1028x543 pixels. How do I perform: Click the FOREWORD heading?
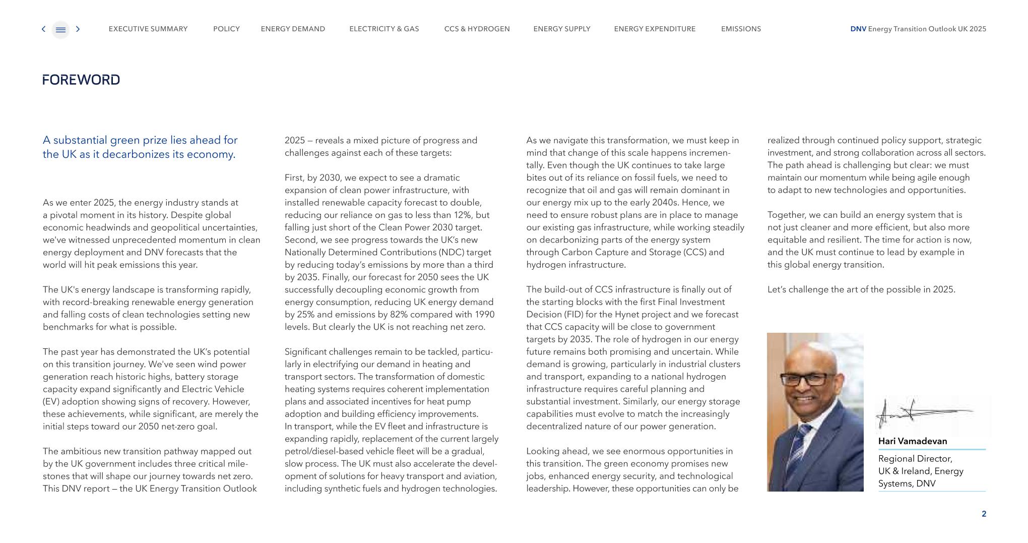(81, 80)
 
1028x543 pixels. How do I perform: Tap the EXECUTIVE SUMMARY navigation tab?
(148, 29)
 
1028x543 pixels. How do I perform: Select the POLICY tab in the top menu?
(226, 29)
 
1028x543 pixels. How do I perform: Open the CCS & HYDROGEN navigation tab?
(477, 29)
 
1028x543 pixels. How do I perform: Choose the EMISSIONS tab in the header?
(741, 29)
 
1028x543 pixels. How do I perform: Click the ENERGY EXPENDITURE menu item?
(655, 29)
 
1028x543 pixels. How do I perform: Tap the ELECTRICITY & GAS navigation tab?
(384, 29)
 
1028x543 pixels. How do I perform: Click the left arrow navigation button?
(43, 29)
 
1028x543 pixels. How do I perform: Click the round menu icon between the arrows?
(60, 29)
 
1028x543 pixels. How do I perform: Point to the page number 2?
(984, 514)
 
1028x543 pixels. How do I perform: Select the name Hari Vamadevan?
(912, 441)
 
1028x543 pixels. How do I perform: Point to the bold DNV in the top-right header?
(858, 29)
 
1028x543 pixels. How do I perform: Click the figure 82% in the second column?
(428, 315)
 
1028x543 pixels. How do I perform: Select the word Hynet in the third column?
(626, 315)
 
